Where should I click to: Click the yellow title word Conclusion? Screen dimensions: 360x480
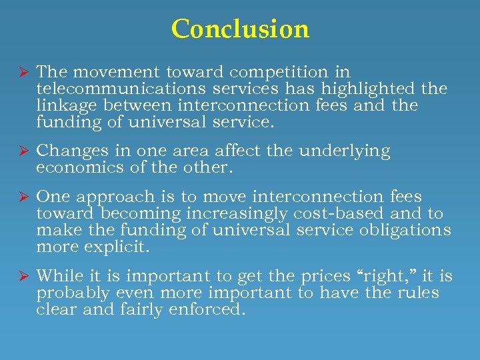[x=240, y=29]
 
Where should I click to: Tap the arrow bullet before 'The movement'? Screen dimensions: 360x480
[x=21, y=72]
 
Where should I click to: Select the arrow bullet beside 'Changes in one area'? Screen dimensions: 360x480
[x=21, y=151]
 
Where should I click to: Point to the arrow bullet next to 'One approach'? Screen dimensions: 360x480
[x=21, y=197]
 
